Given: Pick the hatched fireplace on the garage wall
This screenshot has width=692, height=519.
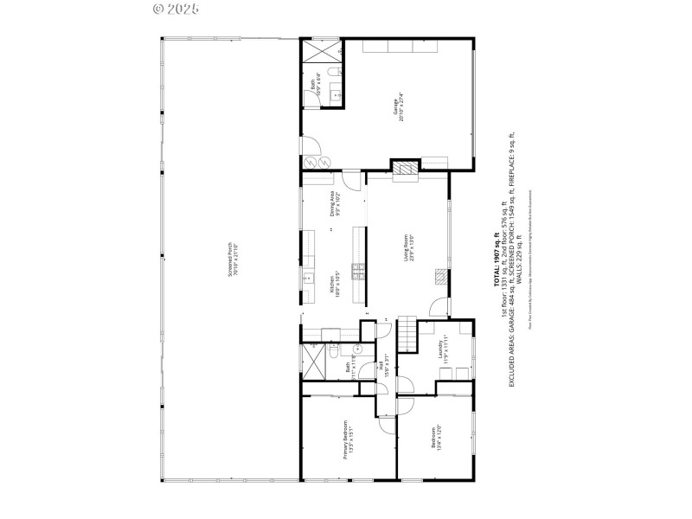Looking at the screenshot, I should [x=404, y=167].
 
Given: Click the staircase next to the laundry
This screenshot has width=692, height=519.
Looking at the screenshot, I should [x=406, y=330].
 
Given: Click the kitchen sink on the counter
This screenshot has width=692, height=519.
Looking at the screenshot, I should [x=306, y=278].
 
